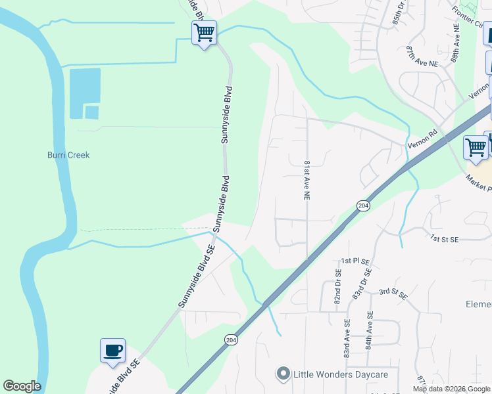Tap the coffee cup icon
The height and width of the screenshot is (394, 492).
[x=112, y=350]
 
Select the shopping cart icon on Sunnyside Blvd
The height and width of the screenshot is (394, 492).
[x=204, y=32]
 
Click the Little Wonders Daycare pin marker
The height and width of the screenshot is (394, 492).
[x=283, y=374]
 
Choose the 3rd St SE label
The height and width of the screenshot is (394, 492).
[x=393, y=294]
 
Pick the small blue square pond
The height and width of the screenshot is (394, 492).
[x=91, y=112]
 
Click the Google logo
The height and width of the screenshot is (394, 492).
[x=22, y=386]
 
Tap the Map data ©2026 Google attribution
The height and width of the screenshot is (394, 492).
[x=451, y=389]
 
